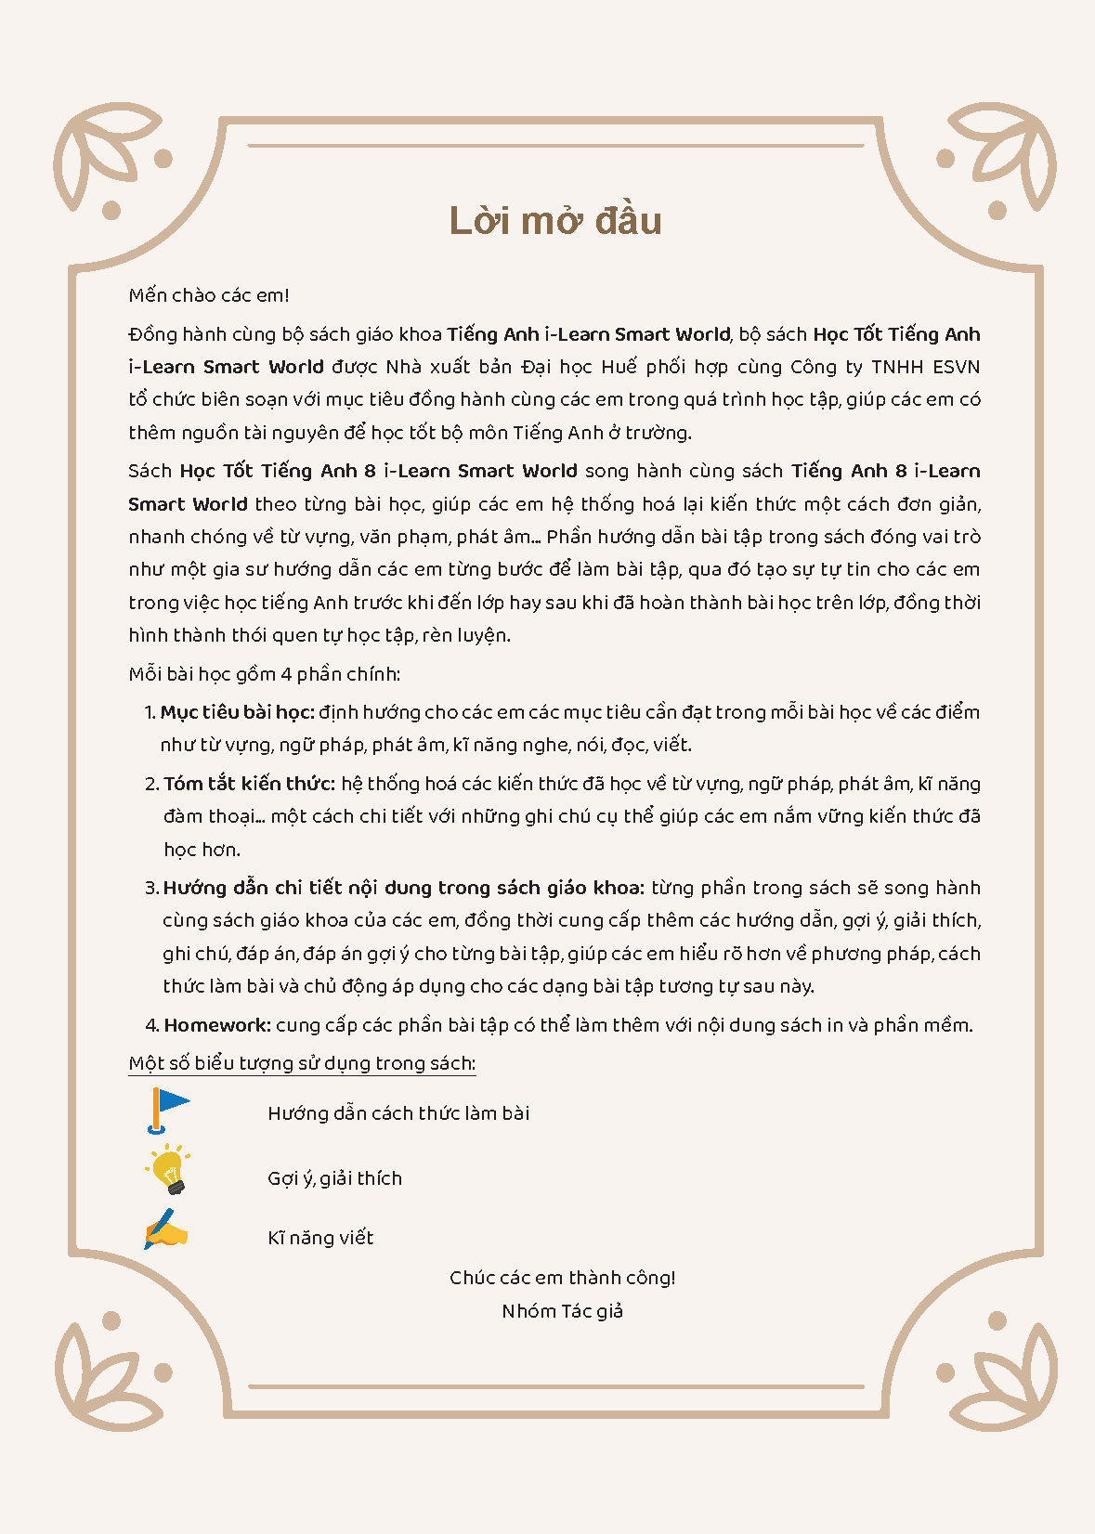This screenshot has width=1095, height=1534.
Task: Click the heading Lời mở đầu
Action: pyautogui.click(x=554, y=221)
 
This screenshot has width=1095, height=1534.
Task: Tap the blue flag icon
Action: pyautogui.click(x=167, y=1110)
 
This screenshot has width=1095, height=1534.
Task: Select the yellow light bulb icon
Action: pyautogui.click(x=169, y=1170)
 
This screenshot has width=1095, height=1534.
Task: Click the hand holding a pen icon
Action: pyautogui.click(x=166, y=1230)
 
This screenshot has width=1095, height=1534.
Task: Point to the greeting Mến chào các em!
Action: pyautogui.click(x=209, y=295)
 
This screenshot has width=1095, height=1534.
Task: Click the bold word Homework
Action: pyautogui.click(x=217, y=1025)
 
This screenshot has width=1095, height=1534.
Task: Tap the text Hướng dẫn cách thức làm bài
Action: pyautogui.click(x=398, y=1113)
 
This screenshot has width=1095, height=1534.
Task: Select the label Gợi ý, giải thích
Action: pyautogui.click(x=334, y=1178)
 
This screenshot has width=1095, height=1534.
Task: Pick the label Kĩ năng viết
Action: pyautogui.click(x=320, y=1238)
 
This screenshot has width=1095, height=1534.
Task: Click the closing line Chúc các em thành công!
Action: pyautogui.click(x=562, y=1278)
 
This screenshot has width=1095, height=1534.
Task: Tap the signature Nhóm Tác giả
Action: pyautogui.click(x=562, y=1311)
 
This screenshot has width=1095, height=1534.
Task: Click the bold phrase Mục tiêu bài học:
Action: pyautogui.click(x=237, y=712)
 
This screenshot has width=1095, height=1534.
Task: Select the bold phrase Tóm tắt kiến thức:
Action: pyautogui.click(x=249, y=784)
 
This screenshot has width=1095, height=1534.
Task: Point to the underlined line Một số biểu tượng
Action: pyautogui.click(x=302, y=1064)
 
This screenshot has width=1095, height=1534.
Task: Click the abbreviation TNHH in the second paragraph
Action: pyautogui.click(x=897, y=367)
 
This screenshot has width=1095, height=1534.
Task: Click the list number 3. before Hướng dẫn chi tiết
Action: pyautogui.click(x=151, y=888)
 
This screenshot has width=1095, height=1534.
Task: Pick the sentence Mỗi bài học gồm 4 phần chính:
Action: pyautogui.click(x=265, y=674)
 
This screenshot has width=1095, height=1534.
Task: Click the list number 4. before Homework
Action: pyautogui.click(x=152, y=1025)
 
